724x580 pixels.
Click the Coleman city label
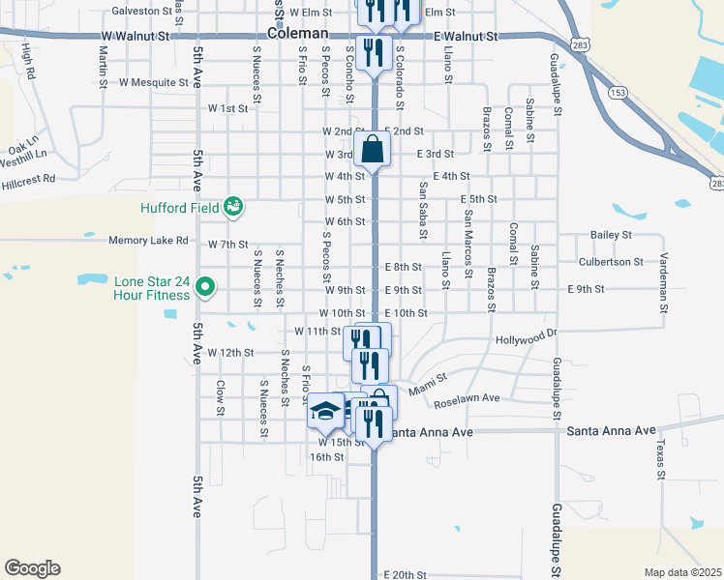click(299, 32)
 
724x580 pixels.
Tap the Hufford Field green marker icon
click(232, 206)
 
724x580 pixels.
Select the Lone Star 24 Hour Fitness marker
click(204, 287)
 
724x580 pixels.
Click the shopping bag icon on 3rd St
click(373, 150)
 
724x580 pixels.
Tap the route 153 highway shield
click(616, 92)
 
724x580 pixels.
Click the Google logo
click(32, 568)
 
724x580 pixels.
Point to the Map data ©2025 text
click(682, 572)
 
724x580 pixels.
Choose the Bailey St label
click(611, 235)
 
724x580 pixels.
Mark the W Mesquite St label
click(154, 83)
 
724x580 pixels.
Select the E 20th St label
click(405, 574)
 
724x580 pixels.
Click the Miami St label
click(427, 385)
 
